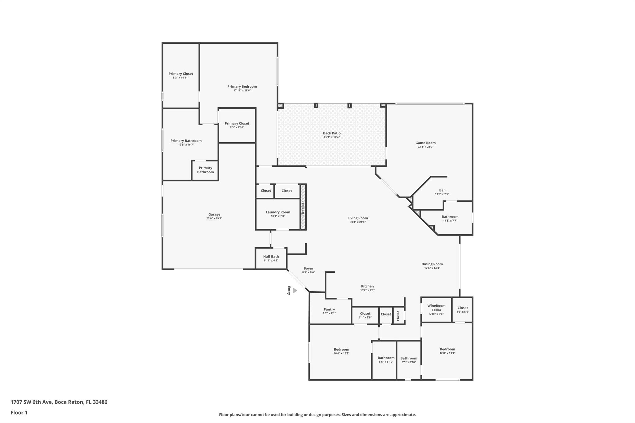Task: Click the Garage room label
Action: (214, 214)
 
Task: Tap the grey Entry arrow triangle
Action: (295, 290)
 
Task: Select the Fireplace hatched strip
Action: (303, 207)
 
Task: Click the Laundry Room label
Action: (278, 212)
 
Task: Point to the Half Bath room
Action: (271, 258)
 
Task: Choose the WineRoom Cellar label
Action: (436, 308)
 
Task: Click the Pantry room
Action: (329, 311)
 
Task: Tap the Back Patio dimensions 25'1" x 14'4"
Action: (332, 137)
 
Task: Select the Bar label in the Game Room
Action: (442, 190)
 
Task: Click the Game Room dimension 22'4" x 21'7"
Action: (425, 147)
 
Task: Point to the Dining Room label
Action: (432, 264)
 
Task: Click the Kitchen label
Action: (367, 286)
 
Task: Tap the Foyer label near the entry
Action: (308, 268)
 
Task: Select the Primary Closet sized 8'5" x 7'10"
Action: (237, 125)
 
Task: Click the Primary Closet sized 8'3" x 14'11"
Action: (181, 75)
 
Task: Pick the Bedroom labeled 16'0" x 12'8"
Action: (341, 351)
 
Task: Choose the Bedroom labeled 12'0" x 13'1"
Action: (447, 351)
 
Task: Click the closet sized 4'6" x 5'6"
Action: (462, 310)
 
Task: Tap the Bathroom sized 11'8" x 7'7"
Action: (450, 218)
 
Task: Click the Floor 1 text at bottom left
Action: (19, 412)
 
